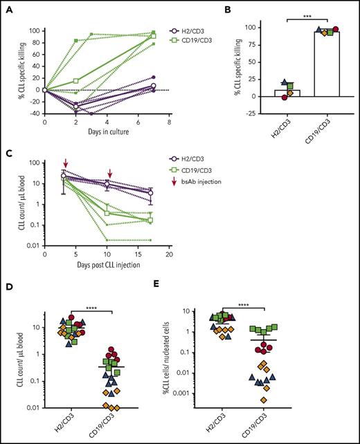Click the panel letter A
point(6,6)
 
